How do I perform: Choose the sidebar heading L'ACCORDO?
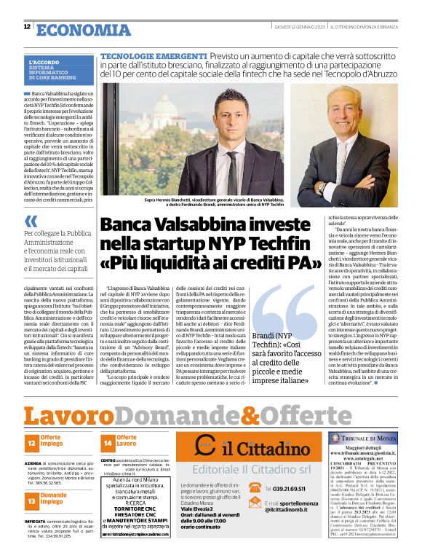45,63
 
